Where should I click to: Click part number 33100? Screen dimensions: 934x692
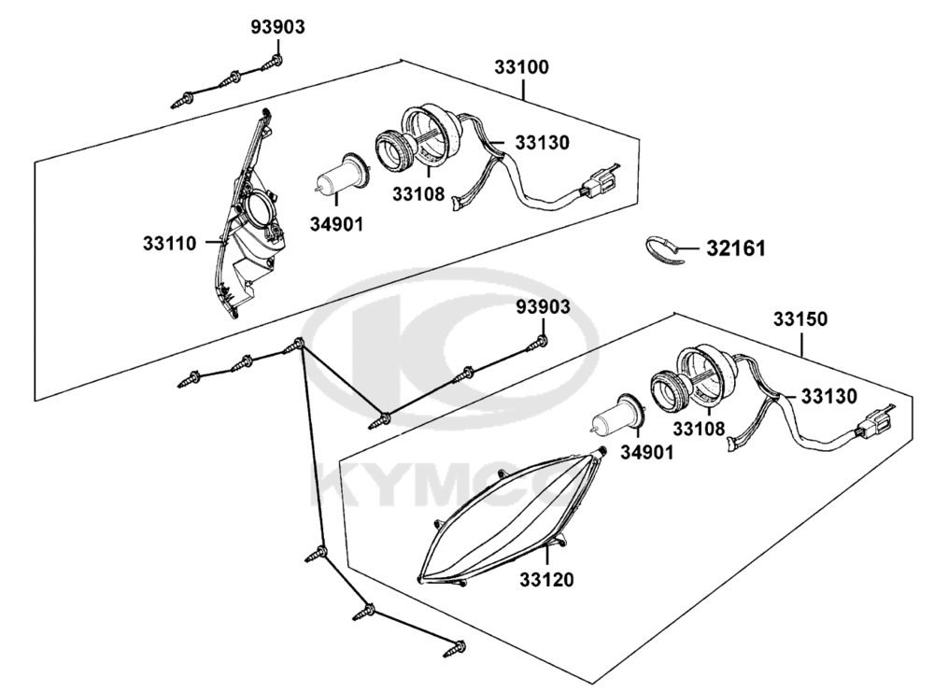(521, 67)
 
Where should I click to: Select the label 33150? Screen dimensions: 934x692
(800, 319)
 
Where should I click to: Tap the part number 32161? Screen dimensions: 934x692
(736, 248)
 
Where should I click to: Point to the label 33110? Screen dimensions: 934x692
(169, 243)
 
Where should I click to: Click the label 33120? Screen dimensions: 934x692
(546, 579)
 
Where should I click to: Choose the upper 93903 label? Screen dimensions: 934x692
(277, 27)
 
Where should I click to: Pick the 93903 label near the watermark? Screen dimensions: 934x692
(543, 307)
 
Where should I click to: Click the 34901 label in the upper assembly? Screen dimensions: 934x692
(336, 224)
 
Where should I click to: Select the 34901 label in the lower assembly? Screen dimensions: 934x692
(647, 453)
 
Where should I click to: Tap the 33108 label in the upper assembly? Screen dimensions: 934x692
(418, 193)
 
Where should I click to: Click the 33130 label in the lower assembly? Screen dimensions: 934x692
(828, 396)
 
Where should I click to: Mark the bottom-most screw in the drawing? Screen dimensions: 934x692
(455, 648)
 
